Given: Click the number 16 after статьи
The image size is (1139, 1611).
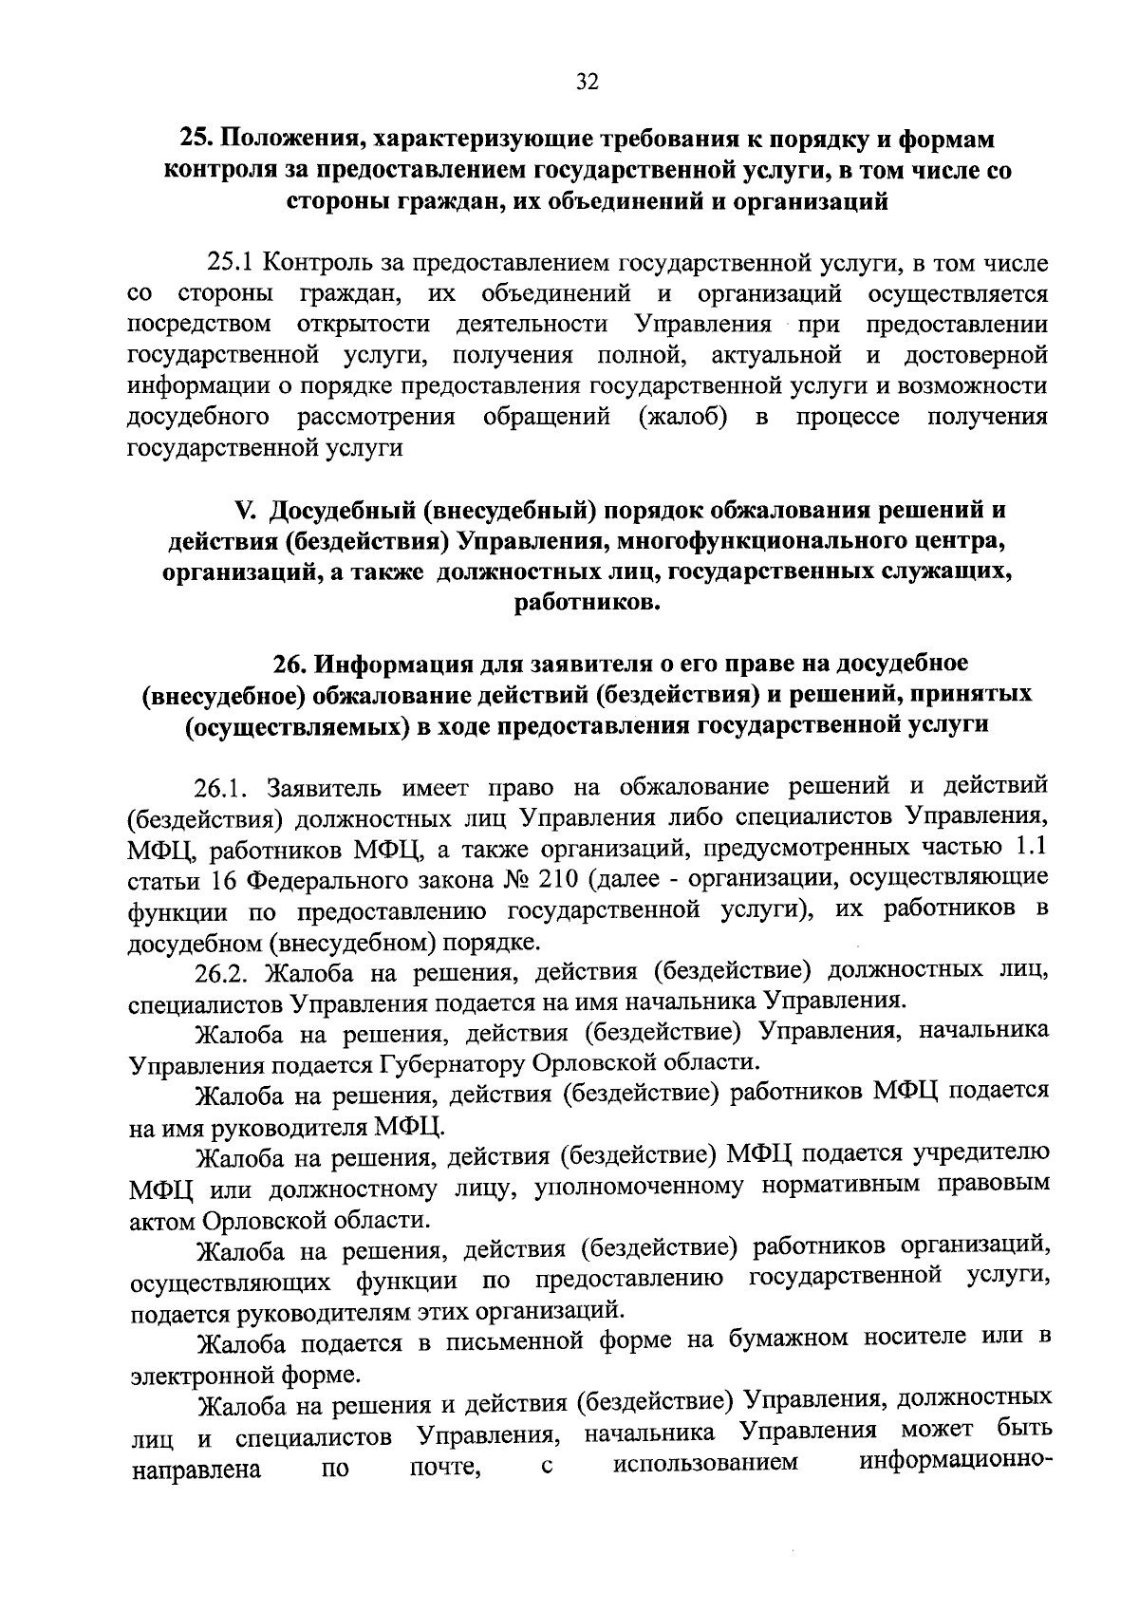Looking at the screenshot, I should pyautogui.click(x=224, y=880).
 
